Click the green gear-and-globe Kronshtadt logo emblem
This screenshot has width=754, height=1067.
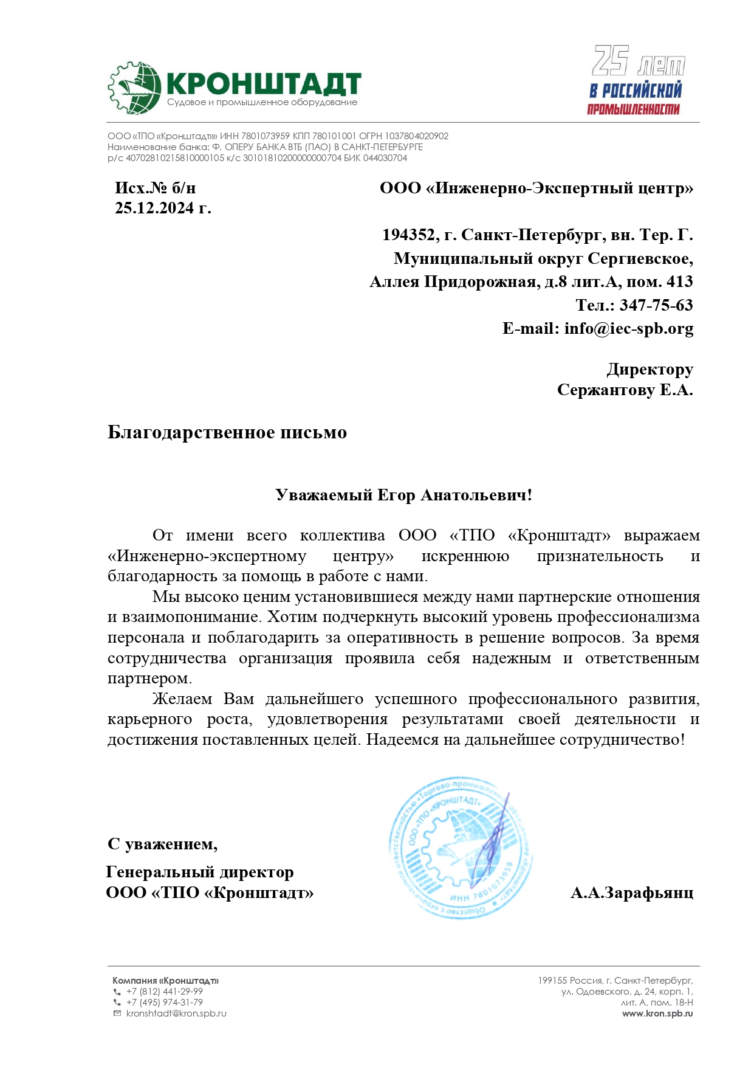pos(134,88)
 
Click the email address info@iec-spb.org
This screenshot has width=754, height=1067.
pos(628,328)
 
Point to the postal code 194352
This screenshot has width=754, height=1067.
pos(408,235)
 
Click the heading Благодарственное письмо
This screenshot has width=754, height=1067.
pos(227,432)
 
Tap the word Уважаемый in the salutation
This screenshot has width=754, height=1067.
pos(324,495)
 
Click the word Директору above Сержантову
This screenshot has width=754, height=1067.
pos(649,369)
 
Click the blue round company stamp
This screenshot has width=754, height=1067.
pos(460,847)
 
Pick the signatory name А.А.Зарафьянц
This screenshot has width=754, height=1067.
pos(632,893)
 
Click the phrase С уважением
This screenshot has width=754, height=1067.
pos(162,844)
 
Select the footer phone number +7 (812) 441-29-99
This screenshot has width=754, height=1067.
pos(165,992)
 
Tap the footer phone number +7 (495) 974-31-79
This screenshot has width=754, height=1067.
pos(165,1003)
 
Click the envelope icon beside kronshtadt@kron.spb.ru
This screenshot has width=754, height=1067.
pos(117,1013)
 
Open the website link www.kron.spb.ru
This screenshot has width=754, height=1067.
pos(657,1013)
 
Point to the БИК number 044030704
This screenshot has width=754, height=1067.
pos(385,158)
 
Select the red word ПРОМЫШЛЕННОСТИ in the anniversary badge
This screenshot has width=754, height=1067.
pos(633,109)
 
